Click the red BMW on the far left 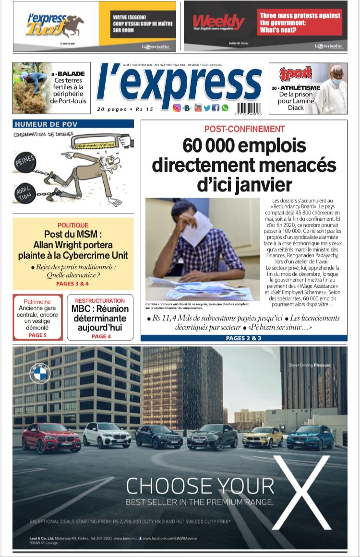pos(51,437)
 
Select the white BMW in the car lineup pos(107,434)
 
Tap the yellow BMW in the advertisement pos(263,436)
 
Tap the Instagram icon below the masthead pos(177,108)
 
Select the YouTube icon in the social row pos(198,108)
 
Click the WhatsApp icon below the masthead pos(225,108)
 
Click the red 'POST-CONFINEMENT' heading pos(244,129)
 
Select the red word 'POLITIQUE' pos(73,225)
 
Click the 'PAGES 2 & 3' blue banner pos(243,338)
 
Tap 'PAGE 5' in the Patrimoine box pos(37,335)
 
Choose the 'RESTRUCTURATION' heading pos(100,301)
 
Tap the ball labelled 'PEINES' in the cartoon pos(24,161)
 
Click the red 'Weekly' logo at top pos(219,22)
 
